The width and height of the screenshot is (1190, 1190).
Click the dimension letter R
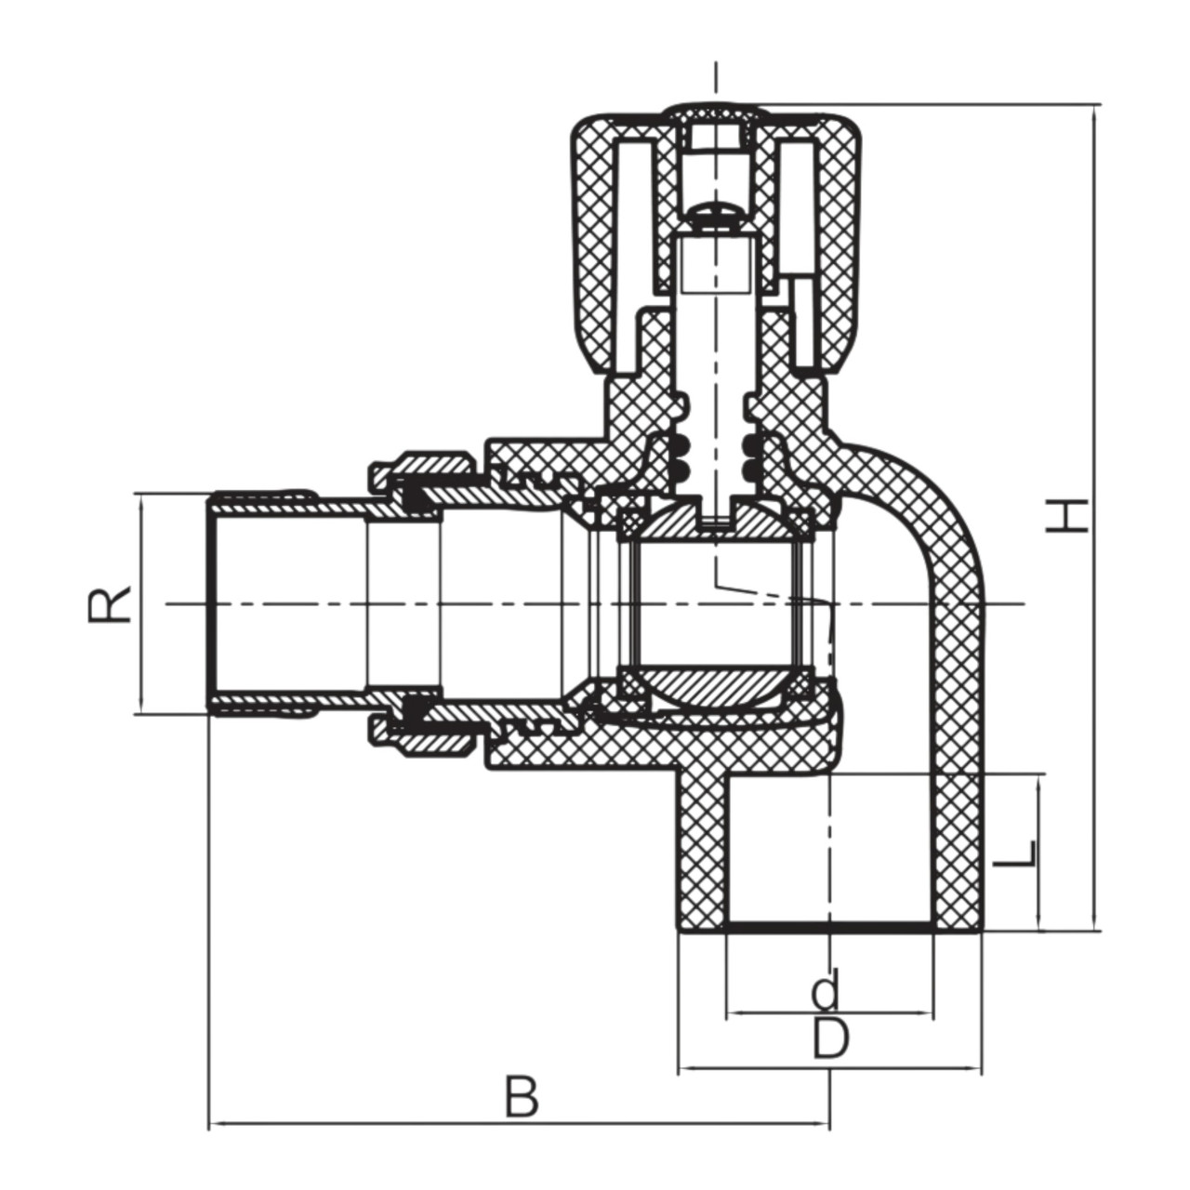tap(110, 603)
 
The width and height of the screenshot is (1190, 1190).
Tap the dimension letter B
tap(522, 1097)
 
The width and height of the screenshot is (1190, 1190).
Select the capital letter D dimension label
tap(830, 1038)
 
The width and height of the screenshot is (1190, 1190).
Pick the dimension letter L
tap(1013, 854)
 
